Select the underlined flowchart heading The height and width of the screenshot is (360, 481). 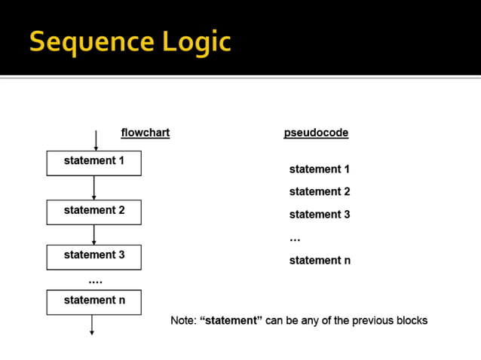pos(146,133)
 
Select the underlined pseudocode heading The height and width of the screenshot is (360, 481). pos(316,133)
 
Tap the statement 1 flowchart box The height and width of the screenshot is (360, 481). pos(93,163)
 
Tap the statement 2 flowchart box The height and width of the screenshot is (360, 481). pos(93,212)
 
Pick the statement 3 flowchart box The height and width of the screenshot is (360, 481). pos(93,256)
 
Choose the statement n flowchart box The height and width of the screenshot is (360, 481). pos(93,301)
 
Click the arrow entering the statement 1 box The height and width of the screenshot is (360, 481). pos(95,141)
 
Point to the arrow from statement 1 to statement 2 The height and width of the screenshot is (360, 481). pos(93,188)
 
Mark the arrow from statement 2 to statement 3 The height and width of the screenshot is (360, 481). pos(93,234)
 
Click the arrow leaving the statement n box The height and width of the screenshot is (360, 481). pos(92,324)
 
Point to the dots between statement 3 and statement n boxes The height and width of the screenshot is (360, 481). pos(95,281)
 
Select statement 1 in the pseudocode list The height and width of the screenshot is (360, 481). pos(319,169)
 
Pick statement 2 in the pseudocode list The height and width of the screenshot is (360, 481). pos(319,192)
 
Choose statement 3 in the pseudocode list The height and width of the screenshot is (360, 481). pos(319,215)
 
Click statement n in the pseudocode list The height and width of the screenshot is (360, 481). pos(319,261)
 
